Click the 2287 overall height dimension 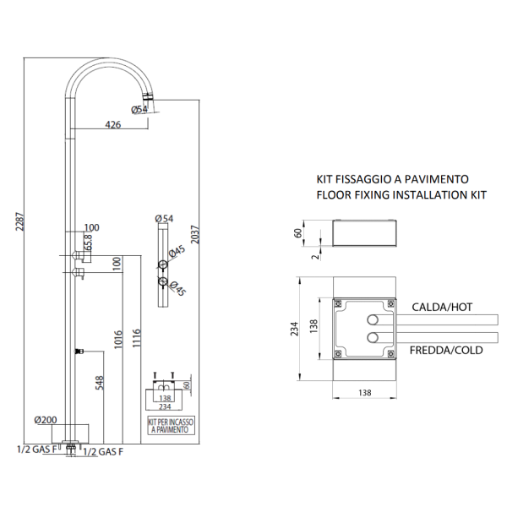click(19, 221)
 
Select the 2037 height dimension click(195, 235)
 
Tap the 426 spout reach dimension click(113, 124)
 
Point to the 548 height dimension click(100, 383)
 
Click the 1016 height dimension click(118, 339)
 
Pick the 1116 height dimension click(136, 338)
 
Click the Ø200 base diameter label click(46, 420)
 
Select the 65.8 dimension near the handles click(88, 243)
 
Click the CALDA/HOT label click(442, 307)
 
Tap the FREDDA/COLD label click(446, 350)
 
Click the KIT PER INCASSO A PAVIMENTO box click(172, 426)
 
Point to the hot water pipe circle click(373, 320)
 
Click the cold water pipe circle click(373, 337)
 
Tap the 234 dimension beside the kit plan click(294, 329)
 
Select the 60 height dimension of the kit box click(298, 233)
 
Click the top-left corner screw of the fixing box click(338, 303)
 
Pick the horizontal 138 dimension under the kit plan click(365, 393)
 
